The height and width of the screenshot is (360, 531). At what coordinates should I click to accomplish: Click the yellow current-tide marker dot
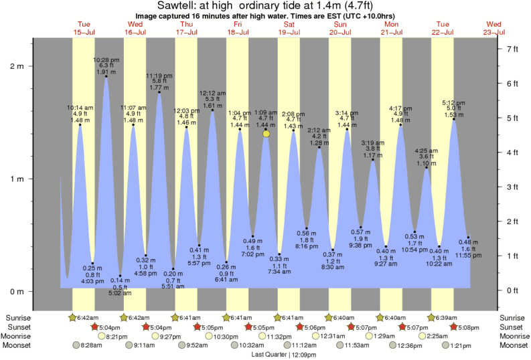tap(267, 134)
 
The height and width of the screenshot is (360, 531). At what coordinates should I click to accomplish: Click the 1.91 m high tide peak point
tap(106, 76)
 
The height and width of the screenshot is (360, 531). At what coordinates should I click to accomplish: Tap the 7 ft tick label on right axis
tap(513, 49)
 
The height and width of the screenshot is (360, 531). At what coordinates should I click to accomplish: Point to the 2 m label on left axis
tap(17, 66)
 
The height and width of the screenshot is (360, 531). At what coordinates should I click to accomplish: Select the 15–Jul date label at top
tap(84, 32)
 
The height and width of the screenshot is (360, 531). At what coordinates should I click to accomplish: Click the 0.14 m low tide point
tap(120, 276)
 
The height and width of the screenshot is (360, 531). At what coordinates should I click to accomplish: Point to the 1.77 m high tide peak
tap(159, 92)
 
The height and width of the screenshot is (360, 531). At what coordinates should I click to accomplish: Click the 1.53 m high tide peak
tap(454, 119)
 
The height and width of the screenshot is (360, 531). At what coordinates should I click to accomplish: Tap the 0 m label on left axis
tap(17, 292)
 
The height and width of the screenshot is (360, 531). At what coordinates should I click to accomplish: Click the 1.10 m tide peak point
tap(427, 168)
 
